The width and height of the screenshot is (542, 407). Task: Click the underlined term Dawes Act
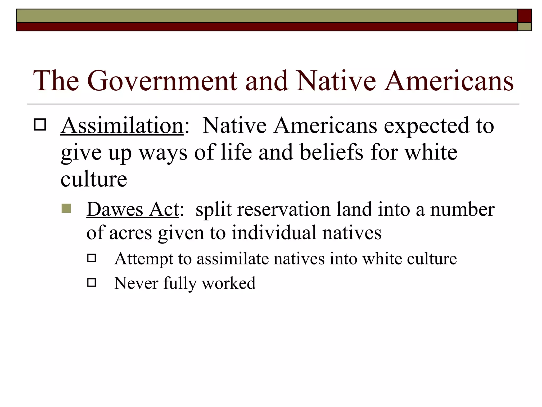point(133,209)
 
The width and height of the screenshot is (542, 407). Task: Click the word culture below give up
point(94,179)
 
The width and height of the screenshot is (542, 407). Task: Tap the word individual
point(274,233)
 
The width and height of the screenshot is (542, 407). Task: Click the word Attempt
point(143,259)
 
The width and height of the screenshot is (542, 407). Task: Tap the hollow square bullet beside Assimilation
point(40,124)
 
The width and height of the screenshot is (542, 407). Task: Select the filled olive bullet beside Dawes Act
point(66,208)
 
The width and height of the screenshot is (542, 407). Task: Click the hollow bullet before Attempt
point(92,258)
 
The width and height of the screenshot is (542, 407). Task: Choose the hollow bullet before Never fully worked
point(92,282)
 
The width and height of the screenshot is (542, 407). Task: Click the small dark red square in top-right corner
point(524,16)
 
